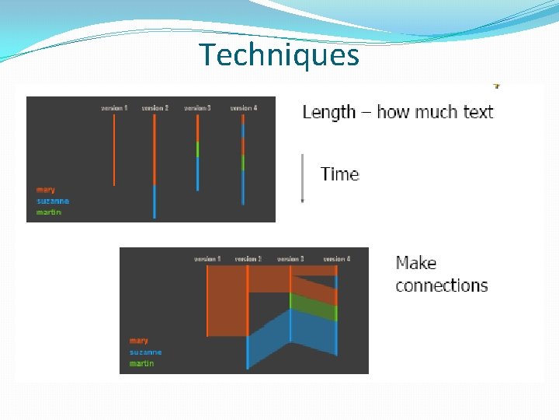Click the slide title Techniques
pyautogui.click(x=279, y=55)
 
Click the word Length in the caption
pyautogui.click(x=328, y=112)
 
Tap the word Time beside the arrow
pyautogui.click(x=340, y=173)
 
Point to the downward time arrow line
pyautogui.click(x=302, y=177)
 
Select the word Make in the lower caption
pyautogui.click(x=416, y=263)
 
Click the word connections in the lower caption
pyautogui.click(x=441, y=285)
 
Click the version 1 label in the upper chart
pyautogui.click(x=114, y=108)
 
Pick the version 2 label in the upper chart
pyautogui.click(x=155, y=108)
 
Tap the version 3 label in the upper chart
pyautogui.click(x=197, y=108)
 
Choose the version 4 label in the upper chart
pyautogui.click(x=243, y=108)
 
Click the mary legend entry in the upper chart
pyautogui.click(x=46, y=190)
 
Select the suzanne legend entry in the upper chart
pyautogui.click(x=53, y=201)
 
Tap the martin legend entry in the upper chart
pyautogui.click(x=49, y=212)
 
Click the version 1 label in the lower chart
pyautogui.click(x=207, y=258)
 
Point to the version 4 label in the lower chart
pyautogui.click(x=336, y=258)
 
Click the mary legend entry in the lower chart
pyautogui.click(x=139, y=341)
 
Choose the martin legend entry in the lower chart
pyautogui.click(x=142, y=363)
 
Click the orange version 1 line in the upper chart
pyautogui.click(x=114, y=152)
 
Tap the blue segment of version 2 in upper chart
pyautogui.click(x=155, y=201)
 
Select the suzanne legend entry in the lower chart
pyautogui.click(x=146, y=352)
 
